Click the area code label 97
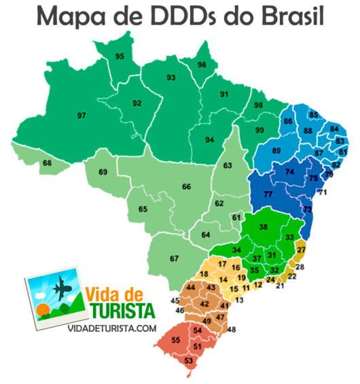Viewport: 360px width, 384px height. [x=82, y=116]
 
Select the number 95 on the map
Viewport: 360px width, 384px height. [x=120, y=56]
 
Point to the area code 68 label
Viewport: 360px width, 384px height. [x=47, y=163]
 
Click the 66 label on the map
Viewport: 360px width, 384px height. [x=185, y=186]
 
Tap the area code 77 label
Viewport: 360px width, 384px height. [x=268, y=195]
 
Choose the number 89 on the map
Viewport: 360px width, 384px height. [x=276, y=150]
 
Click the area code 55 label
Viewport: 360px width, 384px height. [x=175, y=339]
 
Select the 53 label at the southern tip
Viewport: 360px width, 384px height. [x=188, y=361]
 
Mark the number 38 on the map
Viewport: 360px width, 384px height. [x=264, y=228]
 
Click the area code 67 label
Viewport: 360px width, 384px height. [x=174, y=258]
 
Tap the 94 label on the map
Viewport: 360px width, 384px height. [x=210, y=140]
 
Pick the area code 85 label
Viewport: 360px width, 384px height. [x=313, y=114]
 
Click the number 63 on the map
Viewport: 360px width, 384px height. [x=227, y=166]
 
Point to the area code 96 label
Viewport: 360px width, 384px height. [x=202, y=65]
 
